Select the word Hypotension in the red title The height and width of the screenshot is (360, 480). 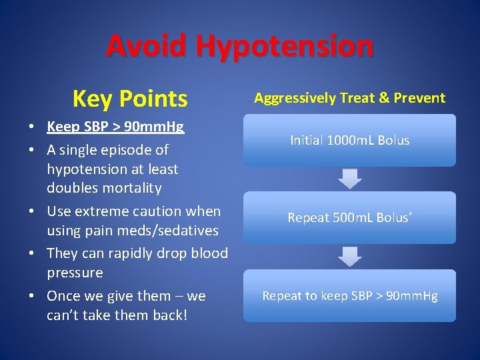click(x=285, y=46)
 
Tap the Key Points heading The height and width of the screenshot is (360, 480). click(x=130, y=99)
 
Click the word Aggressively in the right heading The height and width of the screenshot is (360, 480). click(x=295, y=98)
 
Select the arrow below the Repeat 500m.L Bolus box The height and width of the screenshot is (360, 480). click(x=350, y=256)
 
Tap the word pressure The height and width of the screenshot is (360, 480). click(x=75, y=273)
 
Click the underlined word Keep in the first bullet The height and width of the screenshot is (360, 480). click(x=62, y=127)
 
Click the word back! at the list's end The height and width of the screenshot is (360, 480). click(x=169, y=315)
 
